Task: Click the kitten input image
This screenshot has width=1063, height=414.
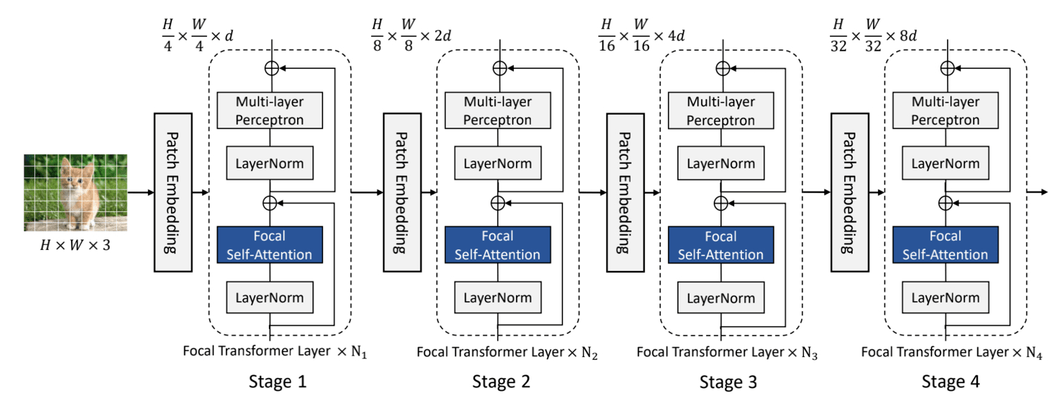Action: coord(76,193)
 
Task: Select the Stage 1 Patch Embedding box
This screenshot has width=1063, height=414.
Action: coord(172,192)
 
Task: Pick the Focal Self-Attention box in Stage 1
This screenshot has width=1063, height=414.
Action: coord(270,245)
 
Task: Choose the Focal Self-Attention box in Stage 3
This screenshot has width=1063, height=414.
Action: coord(720,245)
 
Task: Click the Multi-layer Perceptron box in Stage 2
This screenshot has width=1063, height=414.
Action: coord(498,111)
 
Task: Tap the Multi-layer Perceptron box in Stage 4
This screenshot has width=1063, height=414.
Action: coord(945,111)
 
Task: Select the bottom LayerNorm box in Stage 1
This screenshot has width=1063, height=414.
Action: coord(270,299)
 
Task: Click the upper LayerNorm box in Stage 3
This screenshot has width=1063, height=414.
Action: coord(720,164)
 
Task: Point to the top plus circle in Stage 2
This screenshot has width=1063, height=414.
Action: coord(499,68)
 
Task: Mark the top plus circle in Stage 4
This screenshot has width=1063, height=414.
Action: coord(948,68)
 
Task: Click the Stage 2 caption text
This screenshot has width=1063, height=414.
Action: coord(501,382)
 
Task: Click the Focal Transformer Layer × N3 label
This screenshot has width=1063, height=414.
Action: coord(727,351)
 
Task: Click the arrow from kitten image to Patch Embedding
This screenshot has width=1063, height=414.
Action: coord(140,192)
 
